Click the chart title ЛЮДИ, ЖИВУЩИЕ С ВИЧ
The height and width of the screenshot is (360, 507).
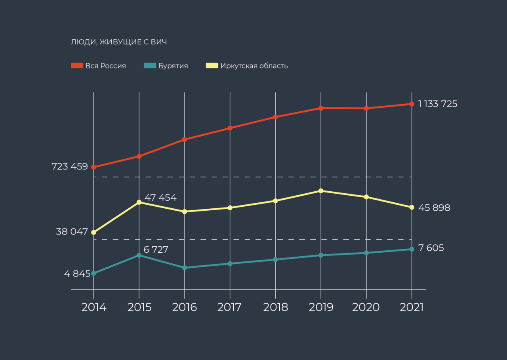(118, 42)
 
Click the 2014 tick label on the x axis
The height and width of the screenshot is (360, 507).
(94, 307)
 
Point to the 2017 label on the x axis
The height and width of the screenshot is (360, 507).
(230, 307)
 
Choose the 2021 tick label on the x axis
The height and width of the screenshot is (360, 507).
(412, 307)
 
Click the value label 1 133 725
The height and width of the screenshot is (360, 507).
(438, 104)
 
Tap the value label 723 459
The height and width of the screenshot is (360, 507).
(70, 167)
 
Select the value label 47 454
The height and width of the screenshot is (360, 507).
(160, 198)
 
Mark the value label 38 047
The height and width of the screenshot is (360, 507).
(72, 232)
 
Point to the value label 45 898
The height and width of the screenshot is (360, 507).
(434, 208)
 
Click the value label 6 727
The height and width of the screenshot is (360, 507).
(156, 250)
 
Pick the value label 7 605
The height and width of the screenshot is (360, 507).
(431, 248)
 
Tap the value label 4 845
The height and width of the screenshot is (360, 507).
(77, 274)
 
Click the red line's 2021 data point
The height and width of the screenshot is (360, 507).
(412, 104)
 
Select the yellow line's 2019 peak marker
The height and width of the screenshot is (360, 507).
(321, 191)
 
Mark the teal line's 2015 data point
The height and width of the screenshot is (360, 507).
(139, 255)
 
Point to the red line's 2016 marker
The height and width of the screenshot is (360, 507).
(185, 139)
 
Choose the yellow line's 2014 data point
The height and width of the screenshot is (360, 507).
(94, 232)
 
